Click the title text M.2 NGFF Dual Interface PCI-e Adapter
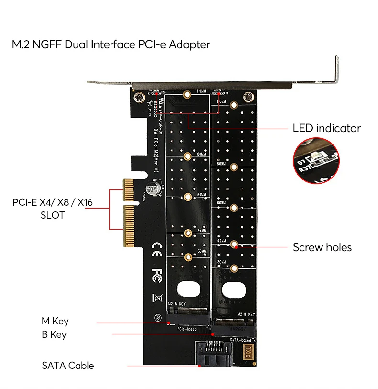coord(111,45)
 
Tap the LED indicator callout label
coord(326,128)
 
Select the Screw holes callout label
coord(322,247)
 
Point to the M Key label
coord(55,322)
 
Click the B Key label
coord(54,334)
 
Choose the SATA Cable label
coord(68,366)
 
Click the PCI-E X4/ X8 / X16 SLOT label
coord(53,209)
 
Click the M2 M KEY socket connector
coord(188,316)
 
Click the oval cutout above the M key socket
coord(188,289)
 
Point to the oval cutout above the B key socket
coord(234,290)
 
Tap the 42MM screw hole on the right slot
coord(234,244)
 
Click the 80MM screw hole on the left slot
coord(188,156)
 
